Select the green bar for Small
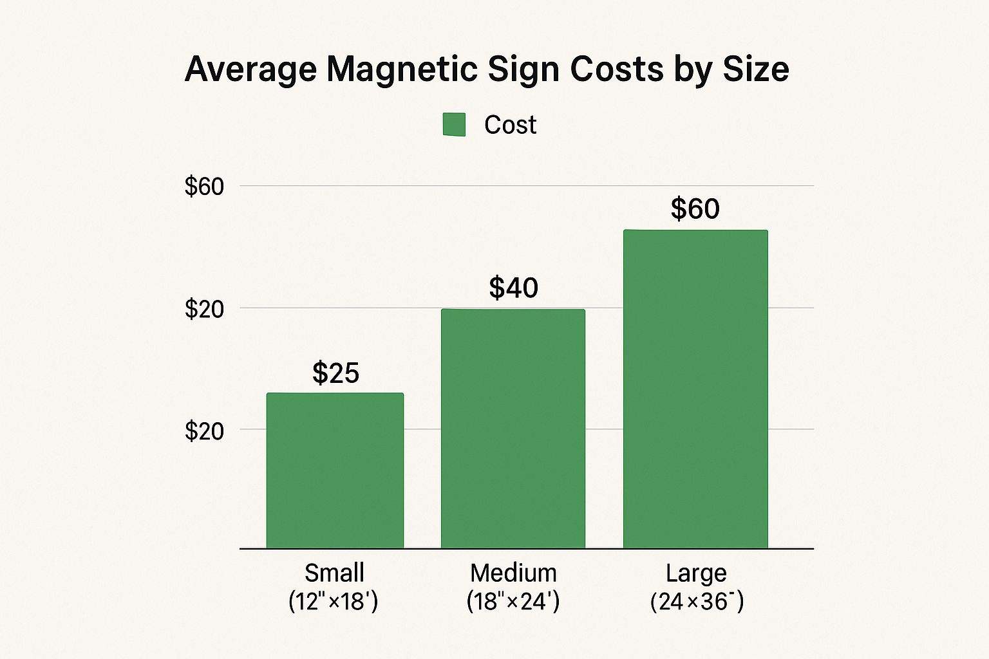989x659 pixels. tap(335, 470)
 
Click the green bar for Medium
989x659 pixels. tap(513, 429)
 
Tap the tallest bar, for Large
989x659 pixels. tap(695, 389)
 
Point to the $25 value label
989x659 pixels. tap(335, 373)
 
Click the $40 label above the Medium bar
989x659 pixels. tap(513, 288)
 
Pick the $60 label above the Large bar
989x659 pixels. tap(695, 209)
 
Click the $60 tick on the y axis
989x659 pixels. tap(204, 187)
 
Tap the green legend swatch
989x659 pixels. tap(454, 125)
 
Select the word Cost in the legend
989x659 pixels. tap(510, 125)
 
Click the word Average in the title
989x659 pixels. tap(250, 69)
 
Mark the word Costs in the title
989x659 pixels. tap(616, 69)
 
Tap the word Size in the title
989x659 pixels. tap(755, 69)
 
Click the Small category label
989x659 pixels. tap(334, 572)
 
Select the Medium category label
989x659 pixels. tap(513, 572)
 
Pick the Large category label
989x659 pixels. tap(696, 572)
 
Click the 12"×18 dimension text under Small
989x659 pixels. tap(333, 601)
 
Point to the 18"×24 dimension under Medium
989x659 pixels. tap(513, 601)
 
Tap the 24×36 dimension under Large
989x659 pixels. tap(697, 601)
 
